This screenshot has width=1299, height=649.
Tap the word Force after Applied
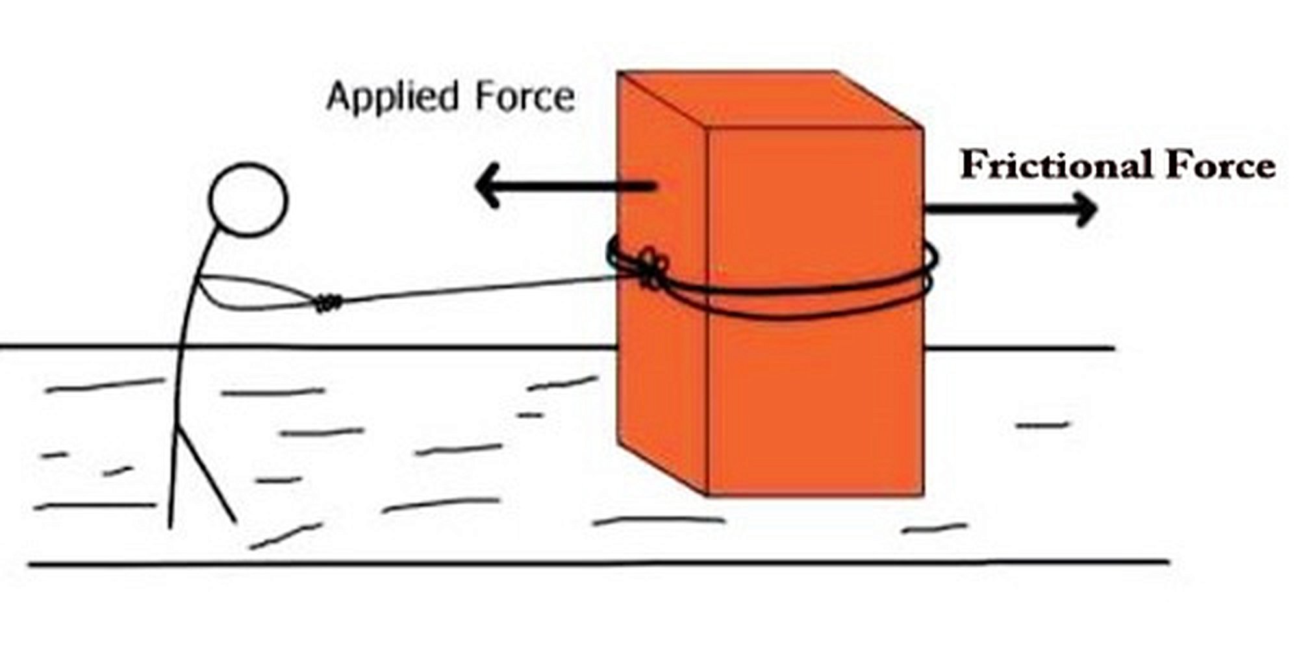525,97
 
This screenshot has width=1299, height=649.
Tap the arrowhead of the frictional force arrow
1087,209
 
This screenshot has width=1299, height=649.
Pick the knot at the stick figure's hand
328,302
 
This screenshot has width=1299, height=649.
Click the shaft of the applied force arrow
572,186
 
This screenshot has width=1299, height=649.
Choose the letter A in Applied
338,97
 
